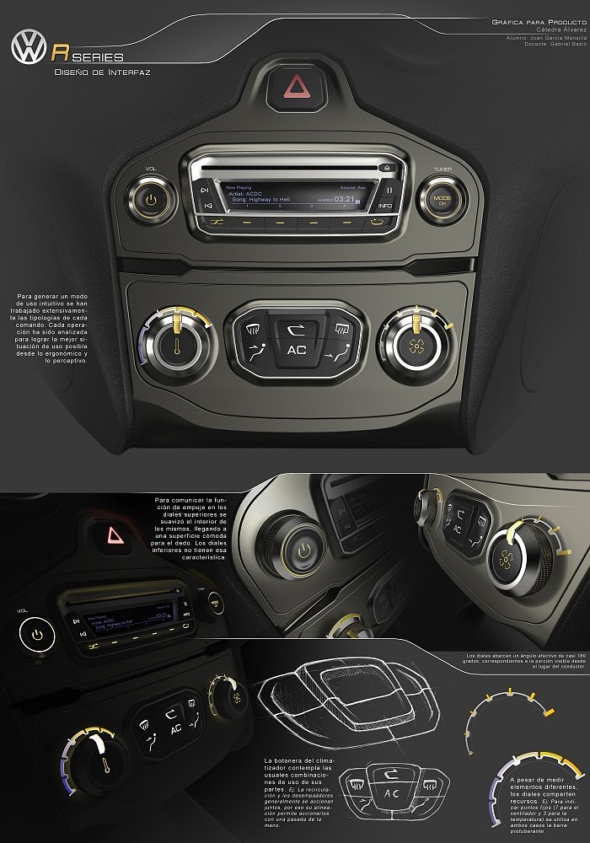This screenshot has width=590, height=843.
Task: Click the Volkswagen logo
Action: click(x=28, y=49)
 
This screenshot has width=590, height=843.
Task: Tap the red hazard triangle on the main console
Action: click(x=298, y=87)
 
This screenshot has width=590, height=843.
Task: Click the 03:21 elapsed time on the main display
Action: click(x=343, y=199)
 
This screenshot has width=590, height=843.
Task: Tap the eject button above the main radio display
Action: click(x=384, y=168)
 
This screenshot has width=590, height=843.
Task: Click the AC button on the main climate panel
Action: click(x=297, y=350)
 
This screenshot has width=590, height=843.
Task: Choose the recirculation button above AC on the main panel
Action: click(x=297, y=329)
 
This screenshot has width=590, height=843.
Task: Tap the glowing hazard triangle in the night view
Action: click(x=110, y=535)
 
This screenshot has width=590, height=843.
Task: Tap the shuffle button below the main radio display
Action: click(x=217, y=222)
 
